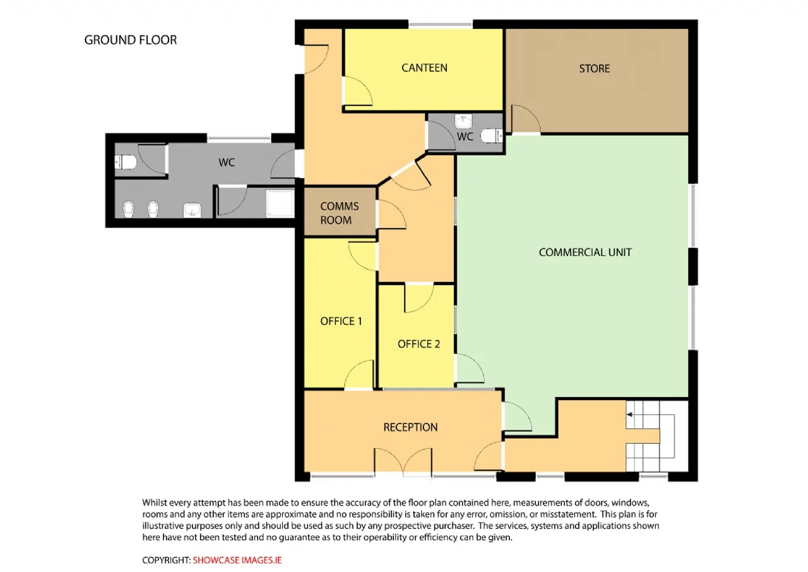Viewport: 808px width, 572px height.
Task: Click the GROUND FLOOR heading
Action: coord(131,40)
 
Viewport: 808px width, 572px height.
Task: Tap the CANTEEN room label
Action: coord(424,68)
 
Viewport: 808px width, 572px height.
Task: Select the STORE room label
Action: coord(595,69)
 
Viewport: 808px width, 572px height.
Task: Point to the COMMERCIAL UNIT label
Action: coord(585,252)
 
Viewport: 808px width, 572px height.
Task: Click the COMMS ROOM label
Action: coord(339,213)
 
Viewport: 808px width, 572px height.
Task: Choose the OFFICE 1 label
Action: coord(341,321)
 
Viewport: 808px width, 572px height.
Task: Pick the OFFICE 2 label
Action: coord(419,344)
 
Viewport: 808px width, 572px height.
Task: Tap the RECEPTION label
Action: coord(410,427)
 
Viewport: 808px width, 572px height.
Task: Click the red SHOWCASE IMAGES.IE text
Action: coord(237,560)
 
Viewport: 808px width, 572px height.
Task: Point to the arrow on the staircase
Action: coord(630,415)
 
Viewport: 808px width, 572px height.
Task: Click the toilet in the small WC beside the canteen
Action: coord(492,136)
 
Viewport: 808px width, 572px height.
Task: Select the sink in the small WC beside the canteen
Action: coord(463,121)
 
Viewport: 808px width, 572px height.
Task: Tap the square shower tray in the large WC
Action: coord(280,204)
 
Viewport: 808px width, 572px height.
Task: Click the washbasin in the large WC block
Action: coord(192,210)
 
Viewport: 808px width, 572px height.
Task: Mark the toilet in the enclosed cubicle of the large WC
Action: coord(126,162)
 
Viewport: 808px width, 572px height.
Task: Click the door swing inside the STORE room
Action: coord(526,119)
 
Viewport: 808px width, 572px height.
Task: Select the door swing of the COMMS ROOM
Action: coord(392,214)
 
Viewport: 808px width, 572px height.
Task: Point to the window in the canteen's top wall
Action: coord(441,25)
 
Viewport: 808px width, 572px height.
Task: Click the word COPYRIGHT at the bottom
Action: coord(166,560)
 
